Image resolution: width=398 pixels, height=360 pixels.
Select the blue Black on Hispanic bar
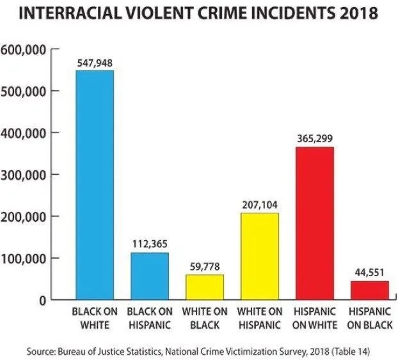click(150, 276)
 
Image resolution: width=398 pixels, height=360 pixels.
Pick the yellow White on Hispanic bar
click(259, 256)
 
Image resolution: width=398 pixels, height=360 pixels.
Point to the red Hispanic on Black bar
click(369, 290)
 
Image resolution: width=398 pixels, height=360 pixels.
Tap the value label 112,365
click(150, 244)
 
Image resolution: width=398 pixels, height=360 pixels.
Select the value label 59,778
click(205, 266)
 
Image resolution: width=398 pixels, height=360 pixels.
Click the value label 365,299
click(314, 138)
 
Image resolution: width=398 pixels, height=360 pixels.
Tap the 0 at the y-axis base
click(42, 300)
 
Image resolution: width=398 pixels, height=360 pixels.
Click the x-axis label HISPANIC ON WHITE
click(314, 318)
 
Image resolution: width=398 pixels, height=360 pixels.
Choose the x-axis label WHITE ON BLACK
click(205, 318)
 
